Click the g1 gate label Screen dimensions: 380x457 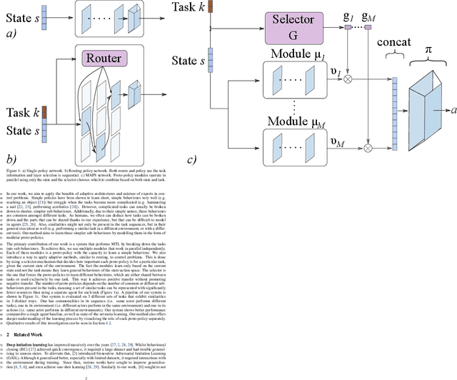tap(350, 16)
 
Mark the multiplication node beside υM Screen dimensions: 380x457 tap(368, 148)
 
